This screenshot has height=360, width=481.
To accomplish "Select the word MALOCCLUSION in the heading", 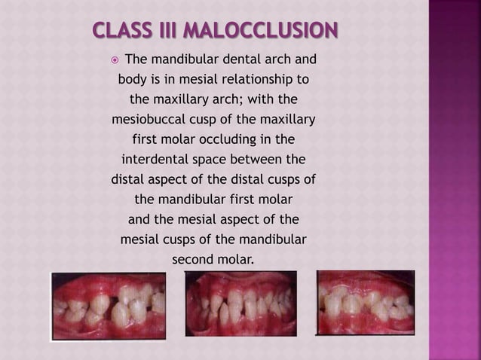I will point(261,33).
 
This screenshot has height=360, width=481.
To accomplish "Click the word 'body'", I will point(133,79).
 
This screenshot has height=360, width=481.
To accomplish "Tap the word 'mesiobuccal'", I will point(151,120).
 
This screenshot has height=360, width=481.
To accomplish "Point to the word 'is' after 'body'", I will point(158,79).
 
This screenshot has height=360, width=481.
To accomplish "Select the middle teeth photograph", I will point(240,304).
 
